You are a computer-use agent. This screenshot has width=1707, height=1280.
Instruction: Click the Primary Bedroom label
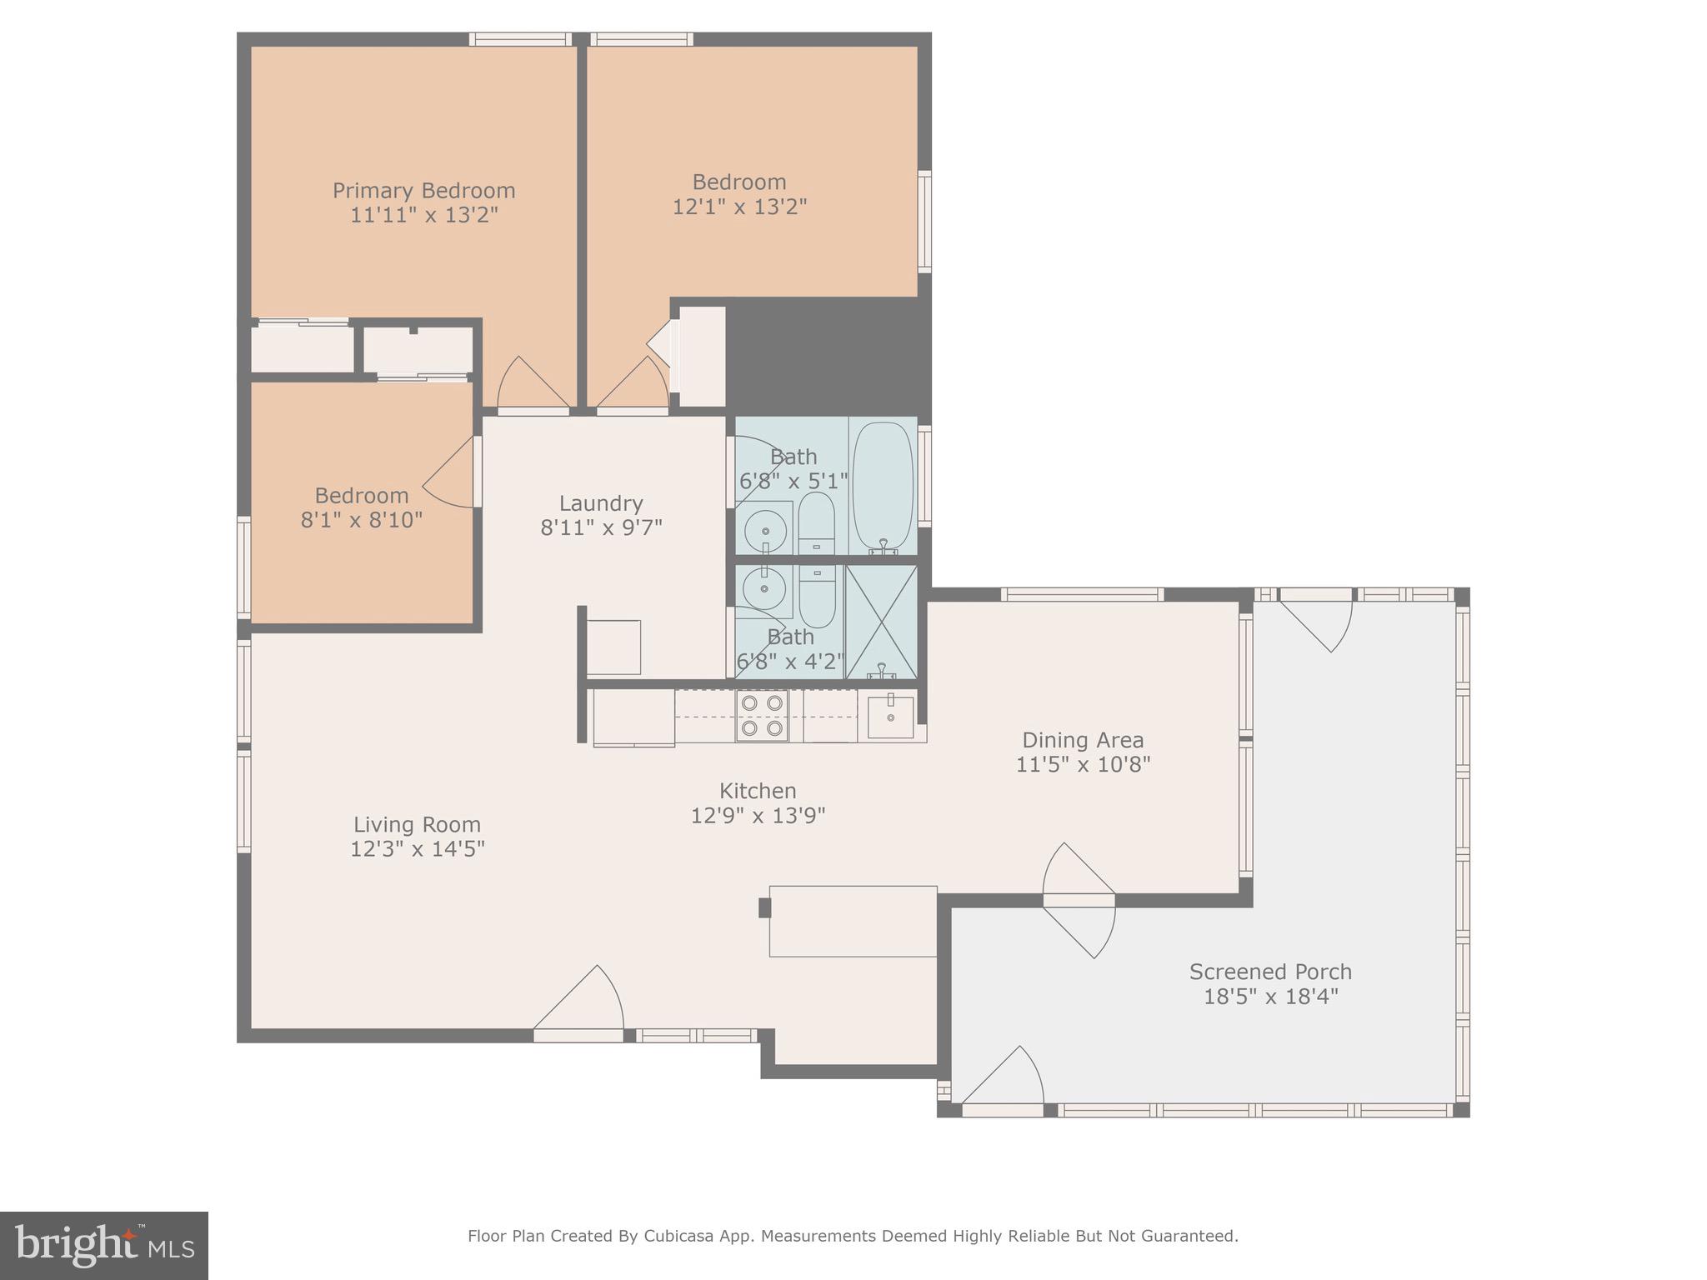coord(423,191)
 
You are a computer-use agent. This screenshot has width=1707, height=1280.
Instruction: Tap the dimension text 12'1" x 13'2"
coord(739,207)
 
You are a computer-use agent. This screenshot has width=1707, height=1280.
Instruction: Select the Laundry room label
coord(600,503)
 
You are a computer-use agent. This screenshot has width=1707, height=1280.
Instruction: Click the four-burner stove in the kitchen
coord(762,716)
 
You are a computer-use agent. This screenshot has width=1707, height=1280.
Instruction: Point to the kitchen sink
coord(890,717)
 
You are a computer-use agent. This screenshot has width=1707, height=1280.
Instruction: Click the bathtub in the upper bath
coord(883,487)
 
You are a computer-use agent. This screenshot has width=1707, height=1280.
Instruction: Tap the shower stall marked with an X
coord(881,621)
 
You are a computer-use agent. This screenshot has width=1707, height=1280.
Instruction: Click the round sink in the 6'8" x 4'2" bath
coord(763,589)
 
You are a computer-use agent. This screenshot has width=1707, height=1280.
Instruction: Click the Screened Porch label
coord(1269,972)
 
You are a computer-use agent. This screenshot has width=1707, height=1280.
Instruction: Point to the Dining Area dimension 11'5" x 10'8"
coord(1083,764)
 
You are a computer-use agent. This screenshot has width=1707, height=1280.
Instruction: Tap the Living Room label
coord(417,825)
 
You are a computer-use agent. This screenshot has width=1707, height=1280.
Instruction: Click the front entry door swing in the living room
coord(583,1004)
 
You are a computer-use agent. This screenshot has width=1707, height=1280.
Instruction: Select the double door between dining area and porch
coord(1079,900)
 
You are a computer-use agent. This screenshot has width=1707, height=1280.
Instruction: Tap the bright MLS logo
coord(104,1245)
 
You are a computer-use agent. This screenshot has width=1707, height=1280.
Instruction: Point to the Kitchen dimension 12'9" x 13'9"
coord(758,815)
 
